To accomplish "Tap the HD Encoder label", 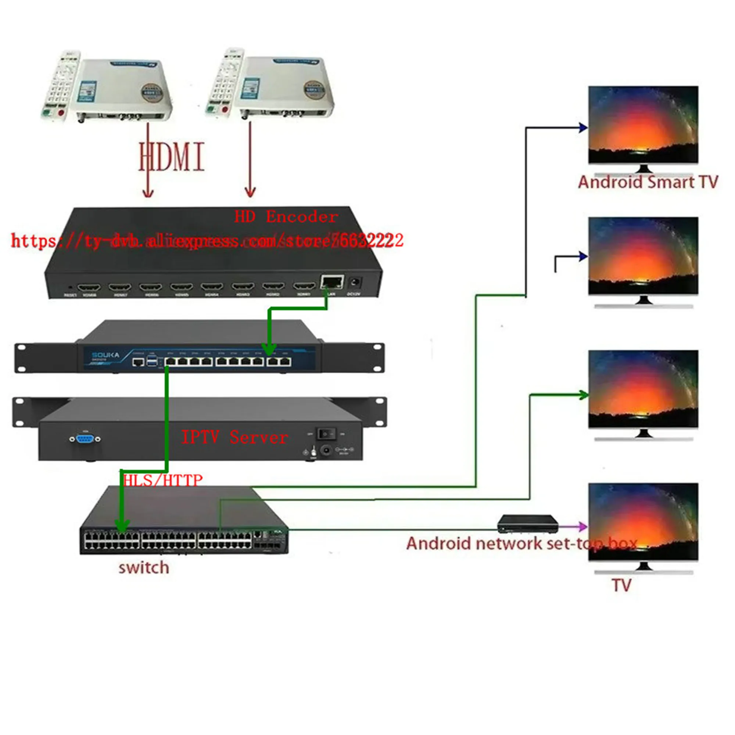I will click(x=286, y=217).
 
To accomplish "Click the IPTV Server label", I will click(x=234, y=437).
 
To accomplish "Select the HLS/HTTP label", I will click(x=163, y=480).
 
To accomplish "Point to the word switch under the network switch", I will click(x=144, y=568).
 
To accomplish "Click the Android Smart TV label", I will click(x=648, y=182).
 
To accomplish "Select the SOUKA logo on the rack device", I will click(x=105, y=355).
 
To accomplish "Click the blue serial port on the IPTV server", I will click(x=85, y=439).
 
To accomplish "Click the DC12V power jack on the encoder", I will click(x=355, y=283).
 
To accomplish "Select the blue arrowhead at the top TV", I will click(x=583, y=128).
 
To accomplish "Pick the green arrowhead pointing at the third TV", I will click(x=583, y=395).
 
